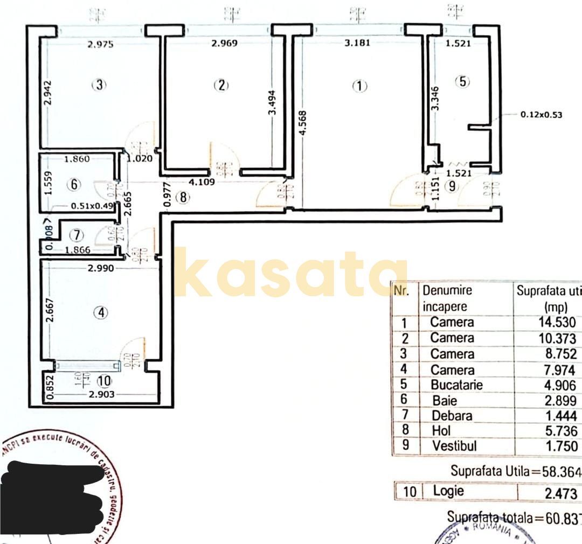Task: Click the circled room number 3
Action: click(x=99, y=85)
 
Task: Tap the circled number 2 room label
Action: click(x=221, y=85)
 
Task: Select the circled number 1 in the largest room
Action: click(x=359, y=86)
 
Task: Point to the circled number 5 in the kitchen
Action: click(x=462, y=82)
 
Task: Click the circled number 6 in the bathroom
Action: click(x=74, y=184)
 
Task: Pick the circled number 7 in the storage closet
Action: click(x=78, y=235)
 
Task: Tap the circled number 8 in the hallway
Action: click(x=183, y=198)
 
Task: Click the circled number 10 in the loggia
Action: click(x=104, y=381)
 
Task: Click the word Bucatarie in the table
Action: click(x=456, y=385)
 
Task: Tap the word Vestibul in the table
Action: click(x=454, y=447)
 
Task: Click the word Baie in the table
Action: click(x=445, y=401)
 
